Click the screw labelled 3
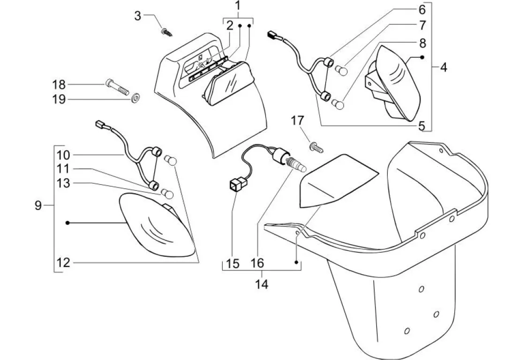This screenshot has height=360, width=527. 167,32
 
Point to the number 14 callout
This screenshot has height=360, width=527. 262,285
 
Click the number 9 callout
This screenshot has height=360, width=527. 38,205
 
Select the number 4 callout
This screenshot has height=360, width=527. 444,67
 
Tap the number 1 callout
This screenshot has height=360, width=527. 238,6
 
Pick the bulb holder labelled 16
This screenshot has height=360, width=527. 289,160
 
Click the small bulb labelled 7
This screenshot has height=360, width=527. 340,70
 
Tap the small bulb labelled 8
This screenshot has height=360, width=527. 338,104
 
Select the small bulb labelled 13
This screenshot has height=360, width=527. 167,193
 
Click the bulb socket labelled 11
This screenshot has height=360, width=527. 154,185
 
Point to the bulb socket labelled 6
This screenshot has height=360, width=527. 328,62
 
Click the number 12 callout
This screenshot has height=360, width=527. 63,262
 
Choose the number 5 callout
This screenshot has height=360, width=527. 422,126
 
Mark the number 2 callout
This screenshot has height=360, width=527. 230,25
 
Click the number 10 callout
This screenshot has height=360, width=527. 63,155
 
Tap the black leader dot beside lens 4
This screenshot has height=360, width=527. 422,58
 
